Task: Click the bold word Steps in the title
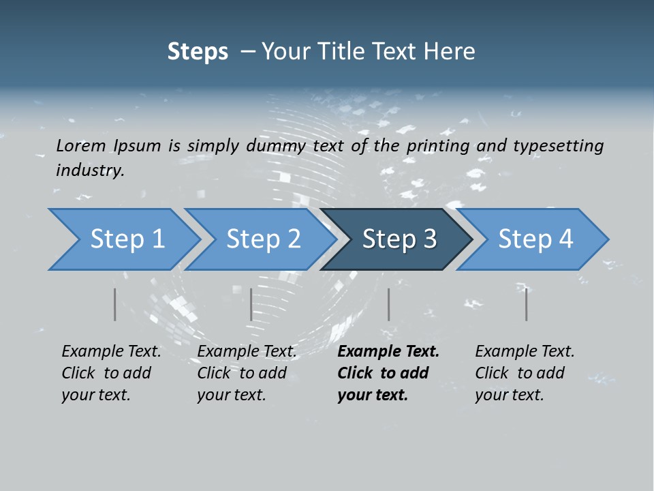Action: coord(198,51)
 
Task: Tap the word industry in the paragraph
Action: coord(90,170)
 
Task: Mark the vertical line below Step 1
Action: coord(115,304)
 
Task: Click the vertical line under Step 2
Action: coord(251,304)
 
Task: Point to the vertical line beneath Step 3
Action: coord(389,304)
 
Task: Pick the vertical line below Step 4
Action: coord(527,304)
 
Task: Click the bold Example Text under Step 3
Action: coord(388,352)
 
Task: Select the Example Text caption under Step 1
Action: coord(111,352)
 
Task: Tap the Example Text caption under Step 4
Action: coord(525,352)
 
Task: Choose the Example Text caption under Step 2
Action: coord(247,352)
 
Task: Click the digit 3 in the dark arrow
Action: coord(429,239)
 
